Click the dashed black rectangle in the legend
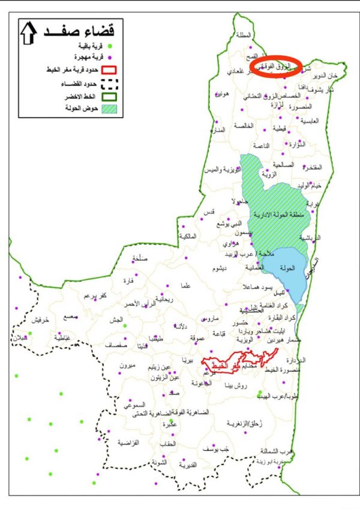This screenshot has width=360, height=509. pos(109,85)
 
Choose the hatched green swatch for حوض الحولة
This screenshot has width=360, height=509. pos(109,110)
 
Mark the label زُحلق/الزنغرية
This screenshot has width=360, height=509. pos(248,423)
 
